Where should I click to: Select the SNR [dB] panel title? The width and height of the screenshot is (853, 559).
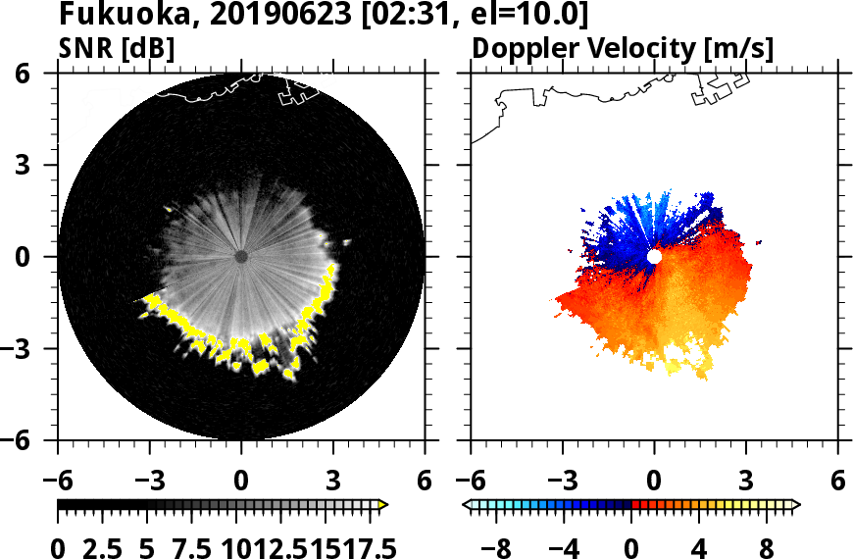117,48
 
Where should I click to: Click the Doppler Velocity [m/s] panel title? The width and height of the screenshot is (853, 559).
624,48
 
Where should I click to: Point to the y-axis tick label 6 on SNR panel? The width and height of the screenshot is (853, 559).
45,74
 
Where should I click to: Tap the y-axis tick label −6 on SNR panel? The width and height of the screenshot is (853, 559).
37,440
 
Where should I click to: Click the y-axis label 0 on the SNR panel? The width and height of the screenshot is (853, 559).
45,257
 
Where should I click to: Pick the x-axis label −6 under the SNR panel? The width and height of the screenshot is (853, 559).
58,482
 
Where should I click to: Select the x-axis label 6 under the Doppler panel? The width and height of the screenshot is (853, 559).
837,482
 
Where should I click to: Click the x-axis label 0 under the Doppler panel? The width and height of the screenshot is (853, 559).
654,482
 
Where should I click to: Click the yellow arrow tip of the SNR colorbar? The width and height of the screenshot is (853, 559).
384,505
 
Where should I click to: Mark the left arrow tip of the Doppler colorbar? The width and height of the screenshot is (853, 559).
466,505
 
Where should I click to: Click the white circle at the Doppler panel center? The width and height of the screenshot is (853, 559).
654,256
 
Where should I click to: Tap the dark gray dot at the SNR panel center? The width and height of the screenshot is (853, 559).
241,257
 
